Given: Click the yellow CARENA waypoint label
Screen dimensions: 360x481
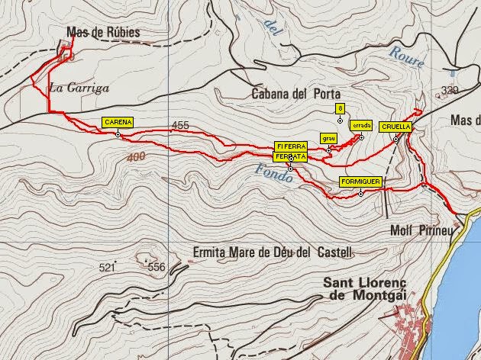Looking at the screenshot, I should point(118,122).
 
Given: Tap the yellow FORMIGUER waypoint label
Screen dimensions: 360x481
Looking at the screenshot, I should point(360,182).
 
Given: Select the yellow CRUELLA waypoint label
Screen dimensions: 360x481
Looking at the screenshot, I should point(395,127).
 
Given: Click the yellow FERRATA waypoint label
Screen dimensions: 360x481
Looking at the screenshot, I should point(291,156).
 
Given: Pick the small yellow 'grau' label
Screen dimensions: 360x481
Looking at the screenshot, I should point(328,139).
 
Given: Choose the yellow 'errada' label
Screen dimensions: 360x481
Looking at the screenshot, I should point(360,125).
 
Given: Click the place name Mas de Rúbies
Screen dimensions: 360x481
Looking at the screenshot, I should point(103,32).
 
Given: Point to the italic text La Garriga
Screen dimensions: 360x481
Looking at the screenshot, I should point(79,88).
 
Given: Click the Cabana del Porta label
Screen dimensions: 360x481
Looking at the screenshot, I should point(294,94).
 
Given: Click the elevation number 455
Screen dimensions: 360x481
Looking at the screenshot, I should point(180,125).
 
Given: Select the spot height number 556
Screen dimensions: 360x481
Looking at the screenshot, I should point(156,267).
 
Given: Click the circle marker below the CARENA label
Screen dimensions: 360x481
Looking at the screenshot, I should point(118,135).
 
